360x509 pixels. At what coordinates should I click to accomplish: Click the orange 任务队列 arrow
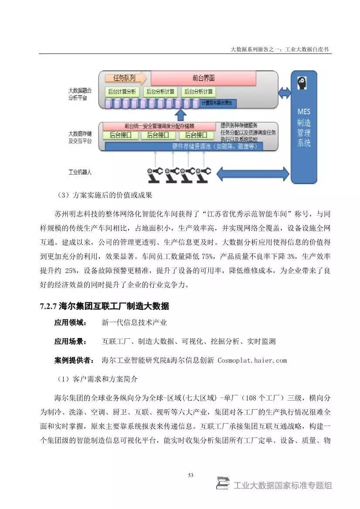point(126,78)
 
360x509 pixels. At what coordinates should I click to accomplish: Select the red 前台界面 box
point(203,78)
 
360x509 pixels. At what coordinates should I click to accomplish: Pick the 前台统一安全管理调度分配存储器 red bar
point(159,125)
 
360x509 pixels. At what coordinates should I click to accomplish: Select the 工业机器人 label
point(80,172)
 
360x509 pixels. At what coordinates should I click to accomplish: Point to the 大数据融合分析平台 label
point(80,94)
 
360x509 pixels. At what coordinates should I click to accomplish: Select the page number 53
point(190,475)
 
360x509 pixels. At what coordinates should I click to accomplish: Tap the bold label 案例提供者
point(73,360)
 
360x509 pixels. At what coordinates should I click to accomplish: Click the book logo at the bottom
point(223,484)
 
